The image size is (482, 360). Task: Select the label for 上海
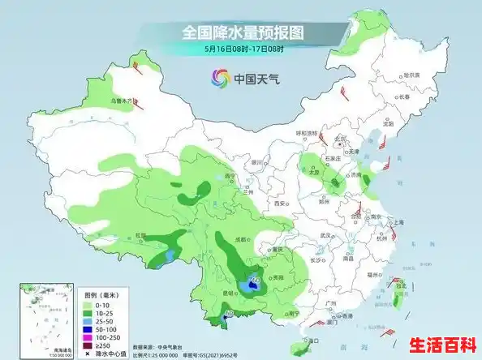pyautogui.click(x=399, y=222)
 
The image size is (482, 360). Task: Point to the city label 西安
pyautogui.click(x=281, y=203)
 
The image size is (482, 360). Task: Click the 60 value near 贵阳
pyautogui.click(x=255, y=281)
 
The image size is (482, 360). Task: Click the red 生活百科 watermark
pyautogui.click(x=443, y=344)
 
